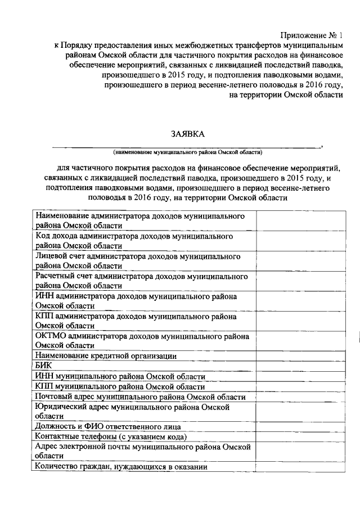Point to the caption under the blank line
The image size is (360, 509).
pyautogui.click(x=187, y=152)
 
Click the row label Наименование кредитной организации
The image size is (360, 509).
pyautogui.click(x=106, y=355)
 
